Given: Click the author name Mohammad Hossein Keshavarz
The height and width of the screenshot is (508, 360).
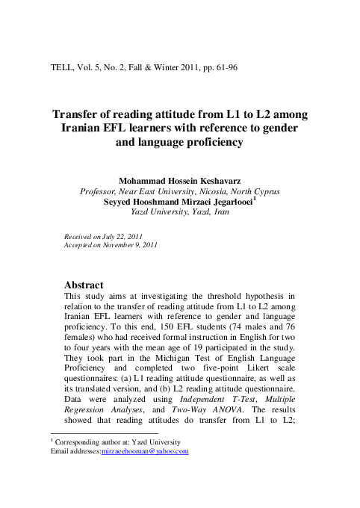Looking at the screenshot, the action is point(179,181).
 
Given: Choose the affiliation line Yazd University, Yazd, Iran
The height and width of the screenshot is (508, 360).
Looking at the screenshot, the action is point(179,212).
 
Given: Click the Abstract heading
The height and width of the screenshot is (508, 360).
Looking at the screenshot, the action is point(84,285).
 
